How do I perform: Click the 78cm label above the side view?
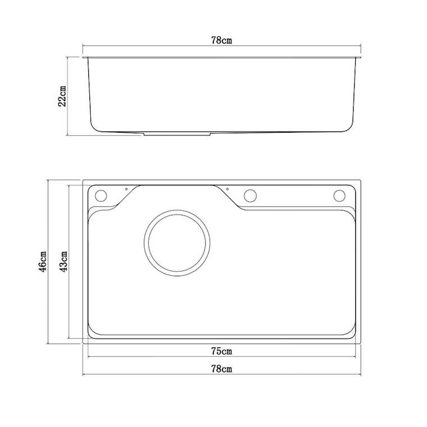click(x=221, y=40)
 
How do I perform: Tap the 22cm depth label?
click(x=62, y=96)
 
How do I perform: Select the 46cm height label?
click(x=43, y=262)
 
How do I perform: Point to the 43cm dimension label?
click(x=63, y=262)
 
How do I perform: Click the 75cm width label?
click(x=222, y=351)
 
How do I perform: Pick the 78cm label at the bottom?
click(x=222, y=369)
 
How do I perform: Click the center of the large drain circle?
click(x=177, y=243)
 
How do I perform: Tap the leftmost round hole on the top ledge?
click(x=101, y=196)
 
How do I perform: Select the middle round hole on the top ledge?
click(x=250, y=196)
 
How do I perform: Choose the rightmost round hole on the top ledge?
click(x=339, y=196)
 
